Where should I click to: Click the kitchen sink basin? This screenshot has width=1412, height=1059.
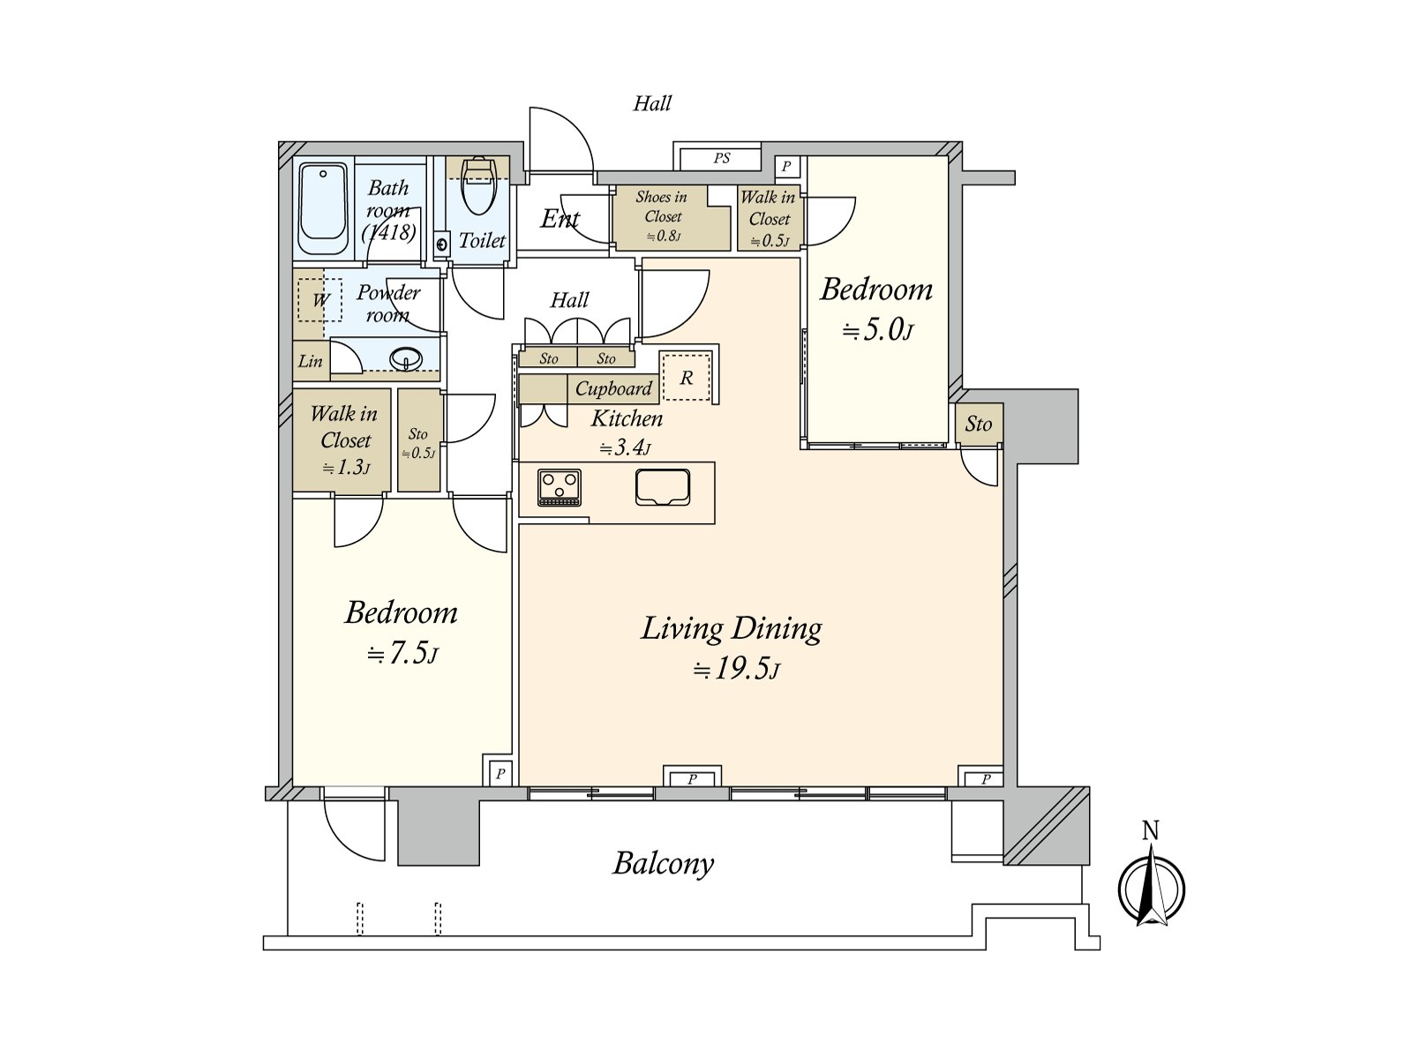click(663, 487)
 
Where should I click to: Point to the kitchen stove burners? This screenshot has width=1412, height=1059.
click(560, 487)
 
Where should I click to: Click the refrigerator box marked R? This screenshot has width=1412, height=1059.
click(687, 377)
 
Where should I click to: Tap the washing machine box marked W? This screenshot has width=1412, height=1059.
click(319, 300)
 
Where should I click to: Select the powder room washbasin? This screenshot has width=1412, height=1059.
click(407, 358)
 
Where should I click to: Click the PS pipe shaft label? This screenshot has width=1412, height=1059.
click(722, 158)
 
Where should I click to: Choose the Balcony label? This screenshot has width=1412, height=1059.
click(664, 864)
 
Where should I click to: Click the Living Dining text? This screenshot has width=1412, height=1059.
click(732, 629)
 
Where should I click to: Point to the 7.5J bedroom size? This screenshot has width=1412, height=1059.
click(402, 653)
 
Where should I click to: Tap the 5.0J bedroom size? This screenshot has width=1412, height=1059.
click(878, 330)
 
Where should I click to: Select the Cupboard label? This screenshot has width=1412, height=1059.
click(613, 388)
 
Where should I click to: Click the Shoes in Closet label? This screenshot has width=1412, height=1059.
click(662, 207)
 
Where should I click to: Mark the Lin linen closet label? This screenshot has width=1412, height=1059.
click(310, 361)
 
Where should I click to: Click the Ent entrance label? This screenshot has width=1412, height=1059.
click(560, 219)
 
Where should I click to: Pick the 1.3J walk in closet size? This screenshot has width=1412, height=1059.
click(346, 467)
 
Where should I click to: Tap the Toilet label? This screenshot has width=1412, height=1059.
click(482, 241)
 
